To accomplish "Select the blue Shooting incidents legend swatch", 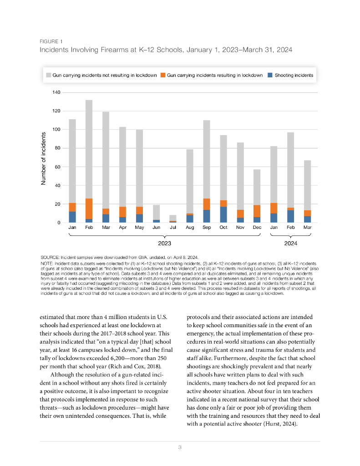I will (x=270, y=75).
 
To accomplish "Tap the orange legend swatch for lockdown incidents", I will (x=163, y=75).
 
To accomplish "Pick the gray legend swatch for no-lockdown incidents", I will (x=48, y=75).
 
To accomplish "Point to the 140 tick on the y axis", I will (x=57, y=92).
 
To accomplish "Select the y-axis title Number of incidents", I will (x=44, y=158).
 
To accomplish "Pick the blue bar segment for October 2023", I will (x=223, y=215).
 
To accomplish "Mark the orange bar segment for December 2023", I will (x=257, y=211).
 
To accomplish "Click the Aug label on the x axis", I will (x=190, y=227).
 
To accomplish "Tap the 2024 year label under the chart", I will (x=290, y=243).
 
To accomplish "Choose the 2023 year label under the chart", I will (x=164, y=243).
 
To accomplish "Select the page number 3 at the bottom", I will (x=180, y=448).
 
